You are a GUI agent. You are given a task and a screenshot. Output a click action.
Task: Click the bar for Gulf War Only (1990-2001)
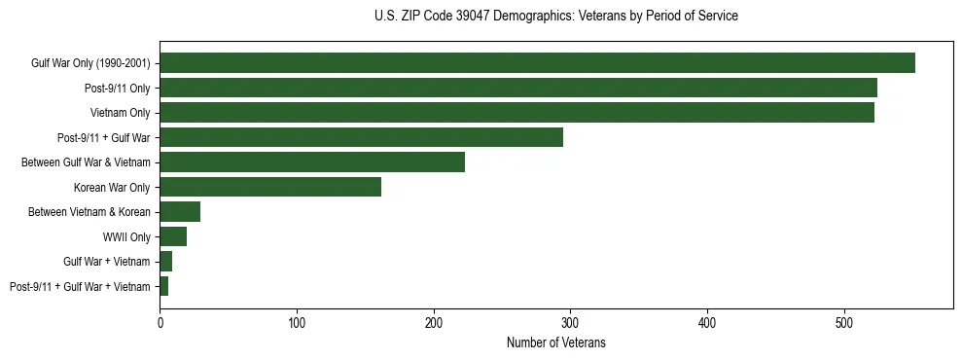point(537,63)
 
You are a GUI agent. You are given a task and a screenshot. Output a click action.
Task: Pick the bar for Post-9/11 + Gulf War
point(361,137)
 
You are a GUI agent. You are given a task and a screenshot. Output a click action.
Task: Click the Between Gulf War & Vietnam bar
point(312,162)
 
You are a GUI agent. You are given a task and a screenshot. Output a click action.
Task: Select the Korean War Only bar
point(270,187)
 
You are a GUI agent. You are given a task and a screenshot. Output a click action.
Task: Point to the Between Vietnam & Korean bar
point(180,212)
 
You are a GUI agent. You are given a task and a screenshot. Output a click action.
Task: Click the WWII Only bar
point(173,236)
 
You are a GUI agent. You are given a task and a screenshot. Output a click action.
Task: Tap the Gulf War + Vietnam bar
point(166,262)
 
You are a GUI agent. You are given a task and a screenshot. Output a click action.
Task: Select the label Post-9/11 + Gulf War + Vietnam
point(80,287)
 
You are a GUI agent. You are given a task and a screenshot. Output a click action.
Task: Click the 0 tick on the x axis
point(160,322)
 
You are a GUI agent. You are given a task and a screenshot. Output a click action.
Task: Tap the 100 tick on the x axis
point(297,322)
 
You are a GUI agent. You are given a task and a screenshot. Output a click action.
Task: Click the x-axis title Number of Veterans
point(555,342)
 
